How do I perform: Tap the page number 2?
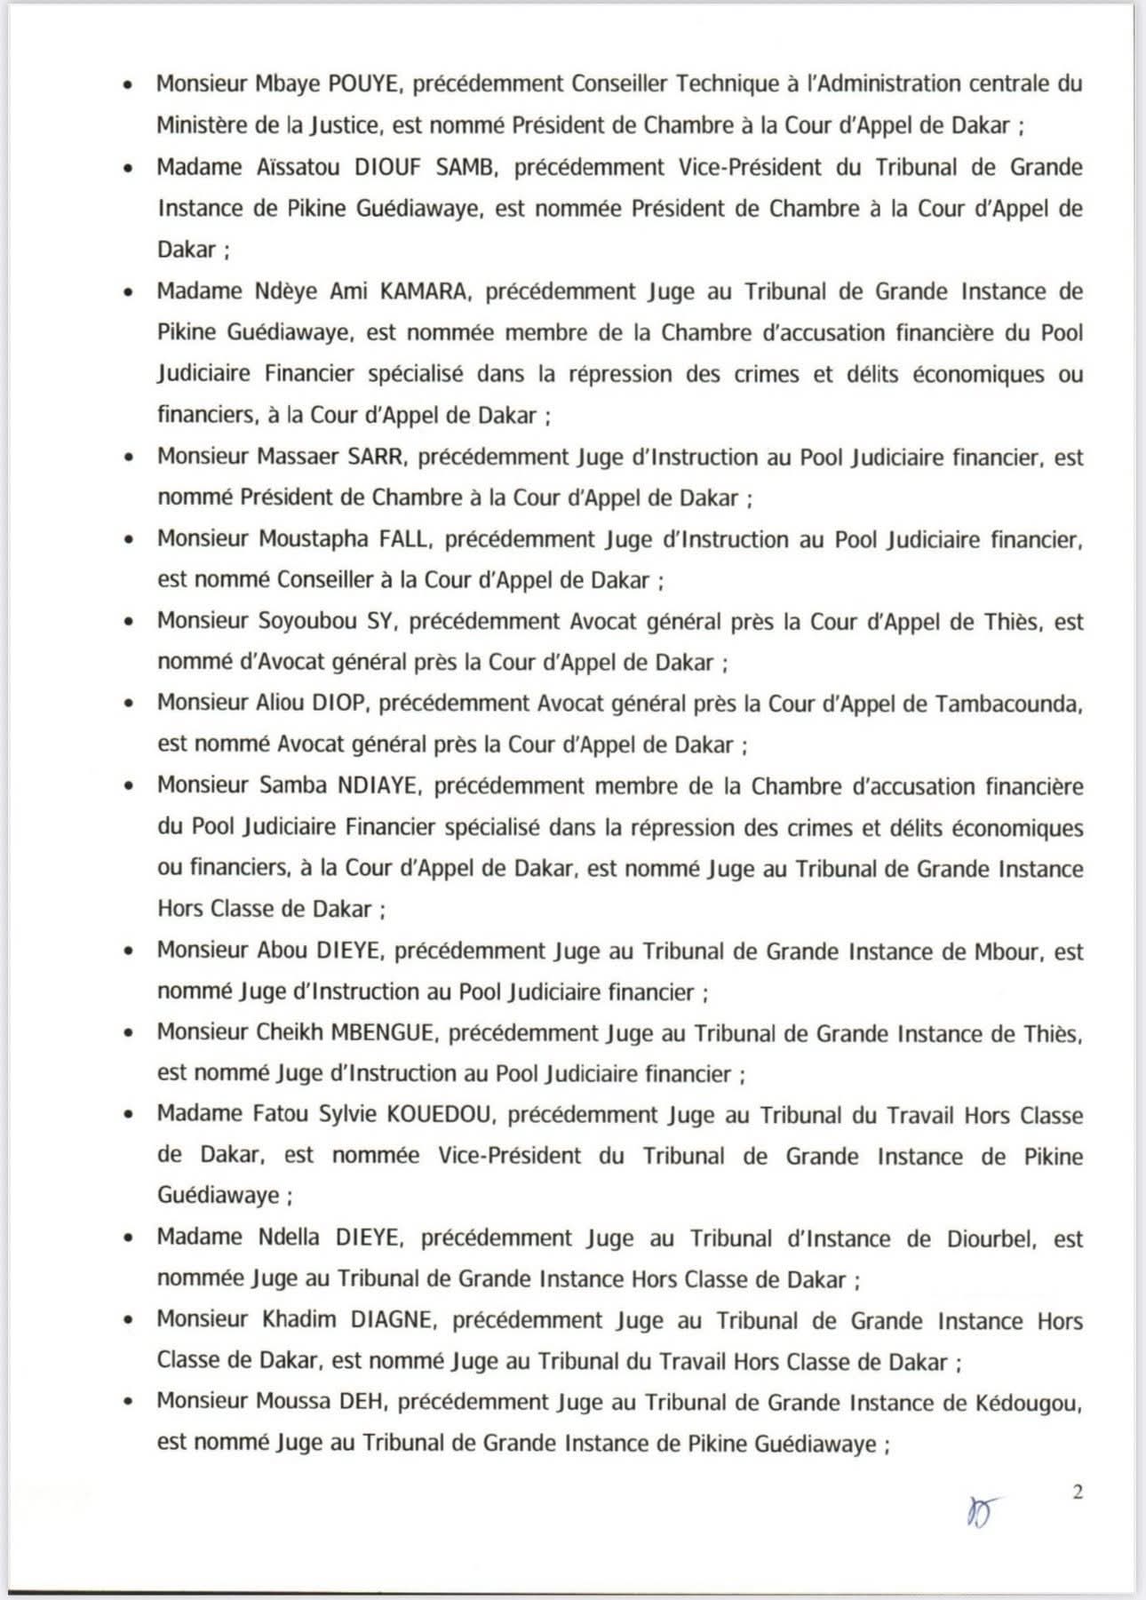coord(1078,1492)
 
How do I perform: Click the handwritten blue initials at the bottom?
coord(982,1509)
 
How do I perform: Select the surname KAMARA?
coord(426,291)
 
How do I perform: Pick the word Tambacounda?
coord(1007,703)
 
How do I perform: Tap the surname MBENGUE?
coord(383,1033)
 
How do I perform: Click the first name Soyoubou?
coord(307,621)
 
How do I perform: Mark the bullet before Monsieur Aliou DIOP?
coord(130,704)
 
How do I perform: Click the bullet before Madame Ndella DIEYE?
coord(130,1239)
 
